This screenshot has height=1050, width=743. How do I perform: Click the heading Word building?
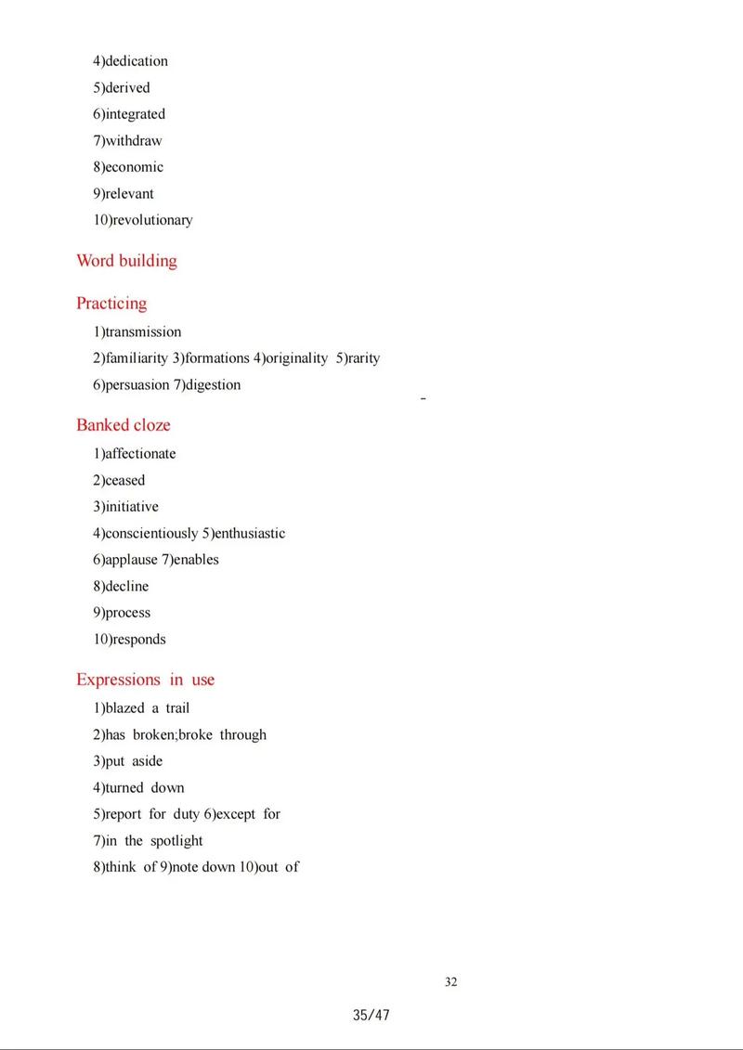click(126, 261)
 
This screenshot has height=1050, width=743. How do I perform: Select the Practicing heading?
click(111, 304)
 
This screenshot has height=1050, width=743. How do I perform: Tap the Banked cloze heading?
click(124, 425)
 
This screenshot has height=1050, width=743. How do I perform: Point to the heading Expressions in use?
click(145, 680)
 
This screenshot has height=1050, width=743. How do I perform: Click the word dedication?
click(136, 61)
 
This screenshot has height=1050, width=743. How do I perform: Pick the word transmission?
click(142, 331)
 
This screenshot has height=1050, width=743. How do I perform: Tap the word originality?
click(297, 358)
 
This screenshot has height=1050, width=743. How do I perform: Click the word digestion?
click(213, 384)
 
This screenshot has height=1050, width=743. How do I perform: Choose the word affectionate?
click(139, 454)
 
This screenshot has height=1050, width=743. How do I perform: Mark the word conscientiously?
click(150, 534)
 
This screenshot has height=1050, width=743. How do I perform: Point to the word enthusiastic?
click(250, 534)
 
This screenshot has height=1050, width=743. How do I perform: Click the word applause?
click(131, 560)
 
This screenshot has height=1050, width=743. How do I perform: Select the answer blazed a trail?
click(147, 708)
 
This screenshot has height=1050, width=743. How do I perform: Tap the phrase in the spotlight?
click(153, 841)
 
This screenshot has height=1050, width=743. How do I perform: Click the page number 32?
click(451, 982)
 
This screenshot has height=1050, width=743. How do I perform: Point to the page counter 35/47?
click(371, 1015)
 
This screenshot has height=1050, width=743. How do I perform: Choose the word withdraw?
click(133, 141)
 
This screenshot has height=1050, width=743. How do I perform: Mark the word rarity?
click(363, 358)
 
